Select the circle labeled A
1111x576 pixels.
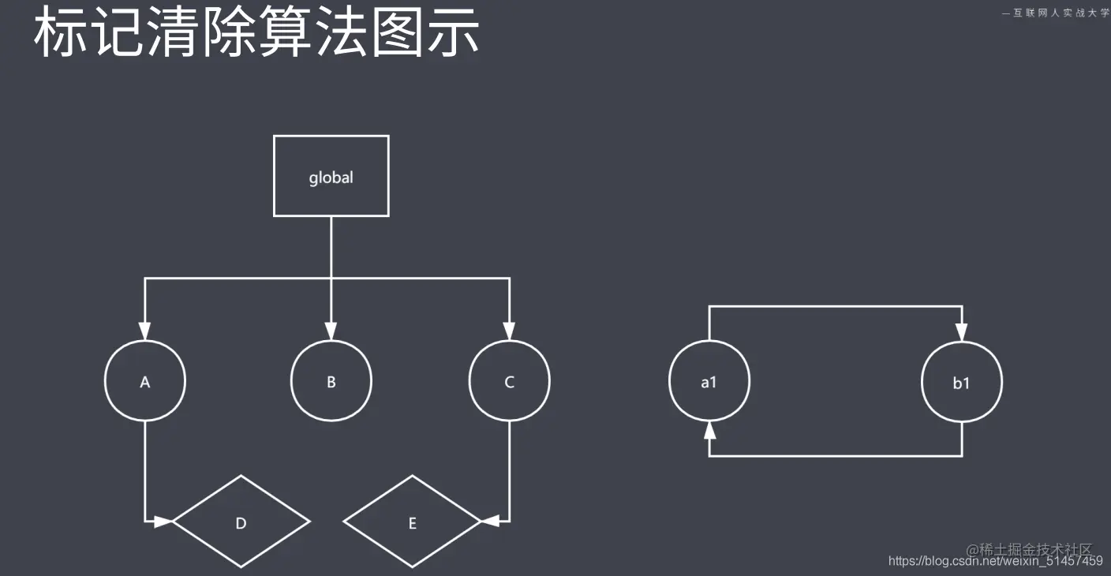145,382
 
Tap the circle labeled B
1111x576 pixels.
331,382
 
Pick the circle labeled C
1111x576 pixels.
510,382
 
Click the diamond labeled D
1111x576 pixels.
241,522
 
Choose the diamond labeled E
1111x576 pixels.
412,522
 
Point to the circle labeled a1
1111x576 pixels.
709,383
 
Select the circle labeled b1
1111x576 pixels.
962,383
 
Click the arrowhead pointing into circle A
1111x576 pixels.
145,330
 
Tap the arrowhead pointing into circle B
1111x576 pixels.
331,330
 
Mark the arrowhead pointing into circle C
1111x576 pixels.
510,330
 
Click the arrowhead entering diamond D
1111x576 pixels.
163,522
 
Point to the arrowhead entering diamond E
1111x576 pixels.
491,522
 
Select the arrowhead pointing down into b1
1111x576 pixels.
962,331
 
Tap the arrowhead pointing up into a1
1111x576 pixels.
709,431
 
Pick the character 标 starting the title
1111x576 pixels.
59,33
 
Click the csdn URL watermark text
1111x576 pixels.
995,561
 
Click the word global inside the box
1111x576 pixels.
331,178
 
